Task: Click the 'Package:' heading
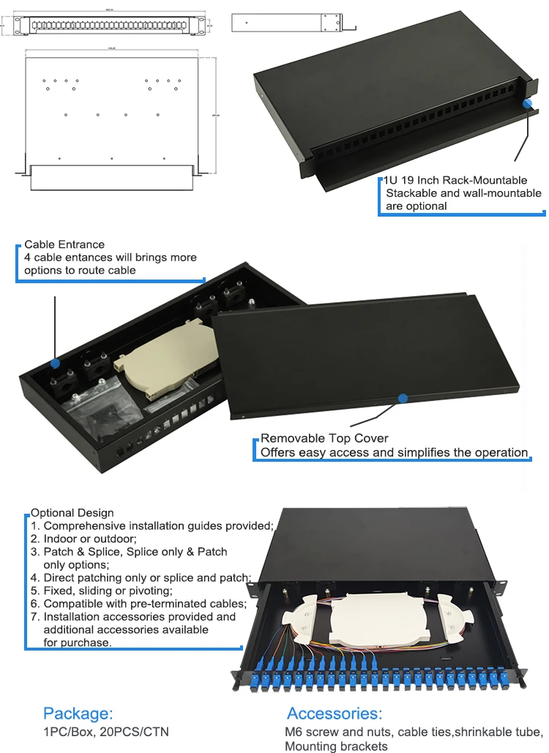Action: (x=78, y=713)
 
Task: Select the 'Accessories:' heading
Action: (x=335, y=713)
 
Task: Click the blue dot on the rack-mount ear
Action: (x=527, y=104)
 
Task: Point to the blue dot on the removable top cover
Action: (x=402, y=398)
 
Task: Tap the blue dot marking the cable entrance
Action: (x=55, y=362)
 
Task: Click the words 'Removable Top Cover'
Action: (x=325, y=438)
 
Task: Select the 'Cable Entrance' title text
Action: (x=64, y=244)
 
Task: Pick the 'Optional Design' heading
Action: (x=72, y=512)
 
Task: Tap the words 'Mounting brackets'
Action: (x=337, y=746)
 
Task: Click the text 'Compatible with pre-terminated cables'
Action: (x=144, y=604)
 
